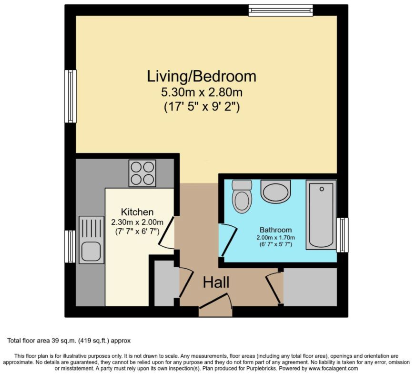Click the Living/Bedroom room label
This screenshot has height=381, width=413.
(x=201, y=76)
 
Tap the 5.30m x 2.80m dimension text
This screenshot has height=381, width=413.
(x=201, y=92)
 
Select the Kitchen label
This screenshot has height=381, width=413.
(x=137, y=212)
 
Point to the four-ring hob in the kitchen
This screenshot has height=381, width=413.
(x=142, y=173)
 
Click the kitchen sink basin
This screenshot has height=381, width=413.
(x=91, y=251)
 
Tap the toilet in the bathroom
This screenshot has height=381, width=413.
(x=242, y=196)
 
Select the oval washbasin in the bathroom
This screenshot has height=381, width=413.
(x=275, y=191)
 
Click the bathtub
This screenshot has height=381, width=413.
(x=321, y=215)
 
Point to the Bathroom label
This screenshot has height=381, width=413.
(x=275, y=230)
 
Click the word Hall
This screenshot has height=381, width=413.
(x=216, y=282)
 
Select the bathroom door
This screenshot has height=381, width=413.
(x=228, y=240)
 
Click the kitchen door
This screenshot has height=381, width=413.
(x=167, y=232)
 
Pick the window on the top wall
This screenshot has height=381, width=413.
(x=281, y=10)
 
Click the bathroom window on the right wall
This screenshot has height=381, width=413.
(x=342, y=235)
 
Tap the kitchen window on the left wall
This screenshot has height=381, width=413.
(x=71, y=246)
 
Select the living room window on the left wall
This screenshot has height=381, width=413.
(x=71, y=96)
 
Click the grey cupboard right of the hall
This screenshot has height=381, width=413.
(x=310, y=287)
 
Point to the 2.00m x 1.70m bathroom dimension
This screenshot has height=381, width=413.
(x=276, y=238)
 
